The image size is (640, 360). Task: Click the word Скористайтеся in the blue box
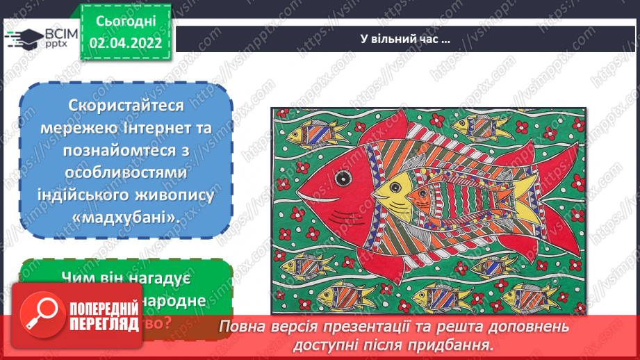(x=126, y=106)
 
